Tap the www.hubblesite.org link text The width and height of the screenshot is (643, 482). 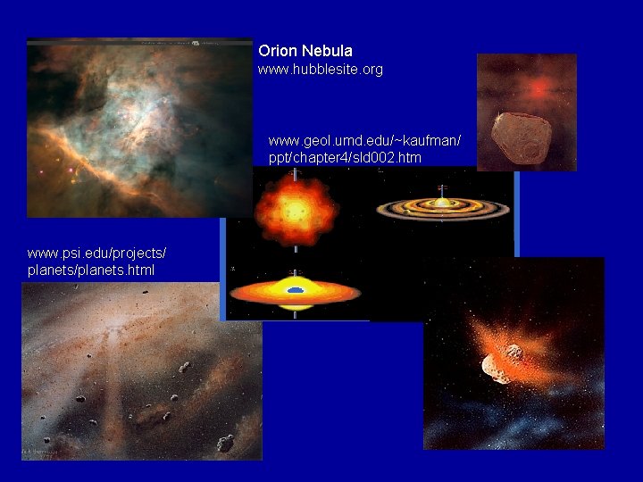tap(321, 69)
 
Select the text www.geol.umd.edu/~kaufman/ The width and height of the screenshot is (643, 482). tap(364, 140)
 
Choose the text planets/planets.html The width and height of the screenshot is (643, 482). tap(91, 270)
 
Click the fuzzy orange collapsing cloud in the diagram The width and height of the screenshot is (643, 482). tap(296, 210)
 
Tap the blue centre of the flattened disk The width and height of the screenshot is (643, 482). tap(296, 290)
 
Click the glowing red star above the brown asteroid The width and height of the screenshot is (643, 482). tap(538, 88)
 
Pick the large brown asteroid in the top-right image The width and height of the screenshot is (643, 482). tap(528, 138)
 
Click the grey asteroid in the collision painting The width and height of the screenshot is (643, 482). tap(500, 361)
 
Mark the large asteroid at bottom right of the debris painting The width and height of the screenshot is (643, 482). tap(224, 442)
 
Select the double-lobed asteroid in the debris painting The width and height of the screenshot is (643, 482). tap(185, 366)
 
